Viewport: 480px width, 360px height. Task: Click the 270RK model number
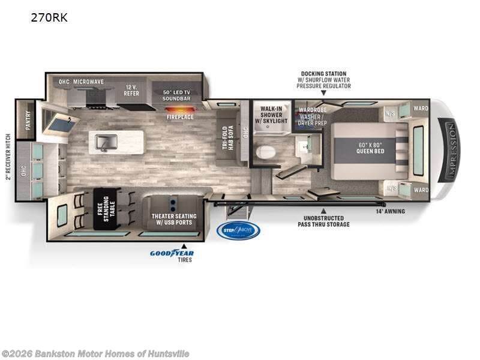49,17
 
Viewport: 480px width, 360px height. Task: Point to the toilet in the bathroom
265,152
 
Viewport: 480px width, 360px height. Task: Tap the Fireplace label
180,117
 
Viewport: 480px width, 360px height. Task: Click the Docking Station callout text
323,80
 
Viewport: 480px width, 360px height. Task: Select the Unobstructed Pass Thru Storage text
323,221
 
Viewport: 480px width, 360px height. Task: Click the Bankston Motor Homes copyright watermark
95,353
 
